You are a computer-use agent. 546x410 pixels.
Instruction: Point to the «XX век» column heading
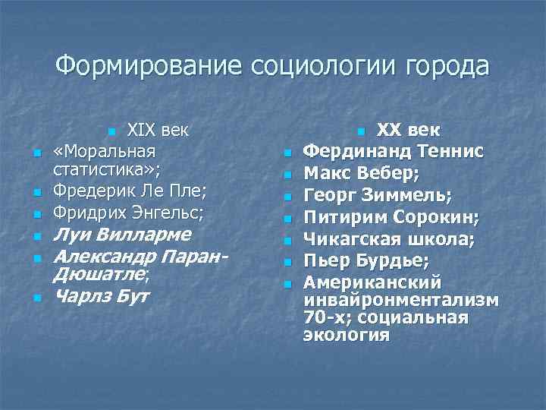pos(408,130)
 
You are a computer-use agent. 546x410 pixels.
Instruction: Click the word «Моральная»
pos(105,150)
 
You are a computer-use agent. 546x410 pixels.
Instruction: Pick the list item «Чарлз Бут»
pos(102,296)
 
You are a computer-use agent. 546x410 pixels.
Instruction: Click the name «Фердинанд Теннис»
pos(393,152)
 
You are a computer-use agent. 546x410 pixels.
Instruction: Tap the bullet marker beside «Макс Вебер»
pos(287,175)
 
